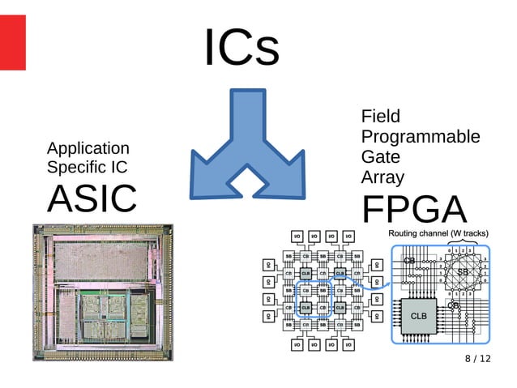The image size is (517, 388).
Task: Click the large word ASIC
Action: tap(92, 198)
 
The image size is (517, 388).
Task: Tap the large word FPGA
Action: tap(414, 210)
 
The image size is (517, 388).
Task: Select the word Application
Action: tap(88, 148)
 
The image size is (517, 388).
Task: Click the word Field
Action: tap(381, 117)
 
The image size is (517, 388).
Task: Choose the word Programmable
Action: tap(420, 137)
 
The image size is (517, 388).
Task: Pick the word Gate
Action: tap(380, 157)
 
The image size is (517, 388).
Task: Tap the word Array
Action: tap(382, 177)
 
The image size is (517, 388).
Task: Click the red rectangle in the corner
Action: tap(12, 42)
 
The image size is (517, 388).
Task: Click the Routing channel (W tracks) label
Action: tap(438, 234)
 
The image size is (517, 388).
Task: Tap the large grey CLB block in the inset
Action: tap(418, 317)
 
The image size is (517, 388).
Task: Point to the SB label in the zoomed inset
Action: tap(463, 271)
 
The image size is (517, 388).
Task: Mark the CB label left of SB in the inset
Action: tap(409, 261)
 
